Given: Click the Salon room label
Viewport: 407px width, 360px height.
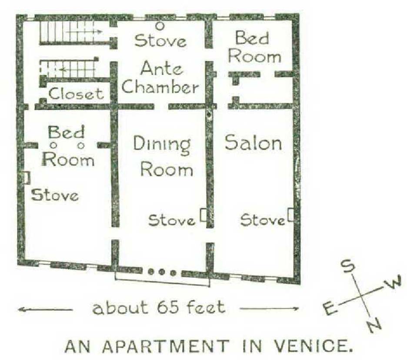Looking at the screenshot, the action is pos(254,142).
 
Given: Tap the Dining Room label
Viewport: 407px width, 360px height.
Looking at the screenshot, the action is pos(163,157).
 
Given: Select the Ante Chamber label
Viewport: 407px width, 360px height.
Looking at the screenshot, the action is pos(160,77).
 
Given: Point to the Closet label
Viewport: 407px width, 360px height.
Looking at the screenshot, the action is pos(76,94).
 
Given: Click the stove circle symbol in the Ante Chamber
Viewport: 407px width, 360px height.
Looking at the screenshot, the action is pos(160,26).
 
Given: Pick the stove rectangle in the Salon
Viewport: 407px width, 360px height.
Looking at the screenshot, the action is pos(290,215).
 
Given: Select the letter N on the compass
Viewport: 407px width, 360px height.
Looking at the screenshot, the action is pos(374,326).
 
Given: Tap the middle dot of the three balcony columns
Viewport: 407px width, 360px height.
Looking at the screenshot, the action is pos(162,272).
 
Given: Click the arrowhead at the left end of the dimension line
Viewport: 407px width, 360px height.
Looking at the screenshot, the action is pos(21,310).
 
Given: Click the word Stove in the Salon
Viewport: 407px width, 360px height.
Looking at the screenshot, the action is pos(262,220).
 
